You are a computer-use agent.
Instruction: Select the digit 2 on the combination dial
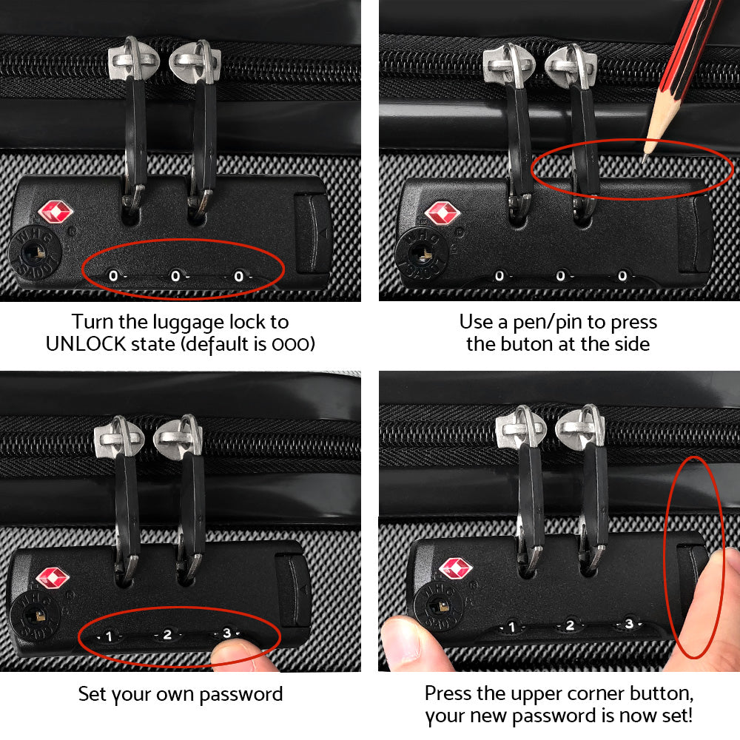168,634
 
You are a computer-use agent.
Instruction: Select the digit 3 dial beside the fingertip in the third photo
227,633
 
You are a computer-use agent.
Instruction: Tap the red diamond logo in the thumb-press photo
456,568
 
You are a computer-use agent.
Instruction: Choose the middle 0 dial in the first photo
175,276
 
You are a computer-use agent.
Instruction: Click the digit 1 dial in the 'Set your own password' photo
109,636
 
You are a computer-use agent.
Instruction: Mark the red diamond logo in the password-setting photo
53,578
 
